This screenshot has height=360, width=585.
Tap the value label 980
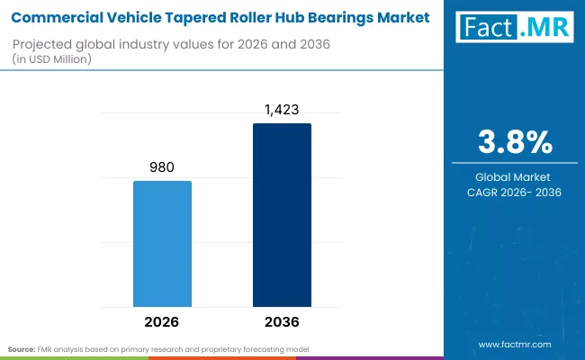[163, 166]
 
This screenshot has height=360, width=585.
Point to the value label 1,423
[282, 109]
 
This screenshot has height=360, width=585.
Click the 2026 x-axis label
[163, 321]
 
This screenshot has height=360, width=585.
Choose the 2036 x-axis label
[282, 321]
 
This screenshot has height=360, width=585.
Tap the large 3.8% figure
[514, 143]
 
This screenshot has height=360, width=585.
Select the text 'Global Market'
[514, 177]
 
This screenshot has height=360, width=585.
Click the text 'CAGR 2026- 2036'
[514, 192]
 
